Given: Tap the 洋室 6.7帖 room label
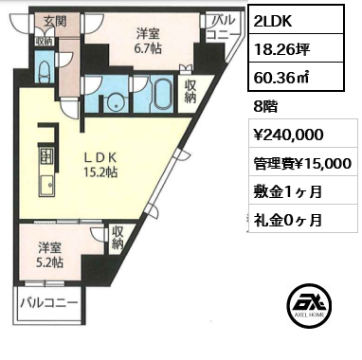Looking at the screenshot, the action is click(x=149, y=41).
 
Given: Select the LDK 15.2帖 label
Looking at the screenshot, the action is click(x=100, y=164).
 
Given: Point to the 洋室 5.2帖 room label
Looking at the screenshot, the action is click(x=50, y=255).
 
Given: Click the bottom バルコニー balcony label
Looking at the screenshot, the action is click(x=49, y=304).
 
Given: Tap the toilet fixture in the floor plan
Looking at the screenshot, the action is click(x=44, y=71).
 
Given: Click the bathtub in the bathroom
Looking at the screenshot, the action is click(x=162, y=94).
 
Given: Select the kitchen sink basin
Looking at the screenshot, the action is click(x=46, y=186).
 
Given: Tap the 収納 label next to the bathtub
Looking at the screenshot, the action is click(x=190, y=92).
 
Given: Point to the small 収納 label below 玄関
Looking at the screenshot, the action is click(x=45, y=41).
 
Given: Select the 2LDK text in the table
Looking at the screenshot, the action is click(x=273, y=21).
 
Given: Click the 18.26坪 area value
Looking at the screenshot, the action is click(x=281, y=49).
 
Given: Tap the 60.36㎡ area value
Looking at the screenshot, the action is click(x=281, y=77).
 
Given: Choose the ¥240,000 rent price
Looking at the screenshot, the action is click(x=289, y=135).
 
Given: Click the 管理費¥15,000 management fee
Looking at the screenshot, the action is click(x=302, y=164).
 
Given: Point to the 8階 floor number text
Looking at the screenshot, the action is click(x=265, y=107).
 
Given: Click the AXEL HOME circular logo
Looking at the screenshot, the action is click(x=310, y=305).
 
